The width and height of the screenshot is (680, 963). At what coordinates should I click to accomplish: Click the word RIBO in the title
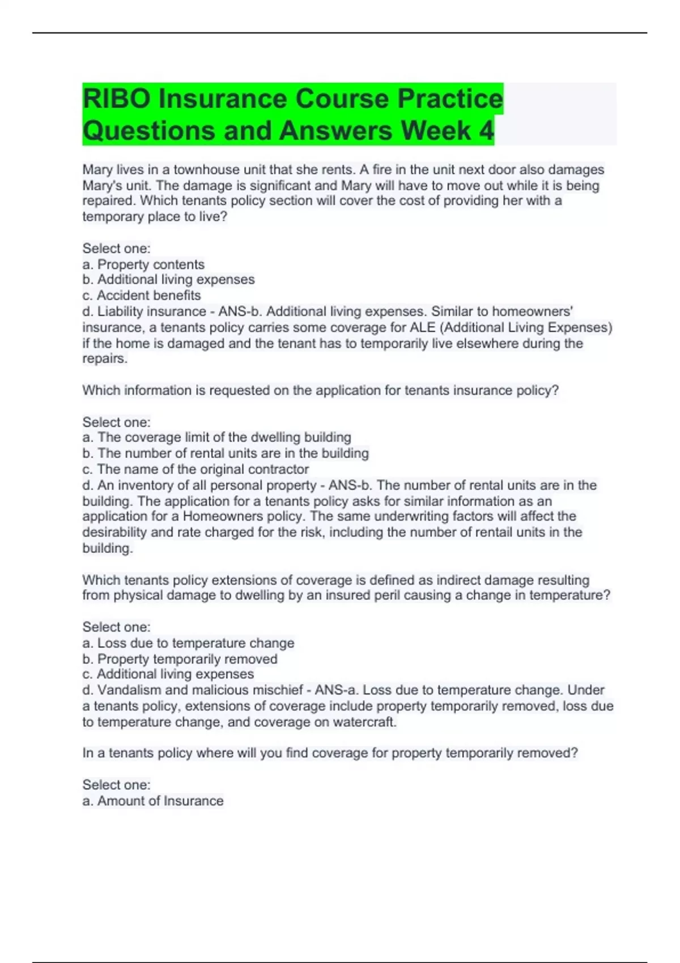(116, 99)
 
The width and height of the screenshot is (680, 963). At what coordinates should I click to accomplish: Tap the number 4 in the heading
(486, 131)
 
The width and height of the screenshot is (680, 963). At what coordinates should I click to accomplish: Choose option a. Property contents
(143, 265)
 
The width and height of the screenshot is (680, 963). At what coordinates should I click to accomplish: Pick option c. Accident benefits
(142, 296)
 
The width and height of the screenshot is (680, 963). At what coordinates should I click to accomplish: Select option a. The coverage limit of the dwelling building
(217, 437)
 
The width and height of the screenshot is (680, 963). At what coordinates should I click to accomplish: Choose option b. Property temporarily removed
(180, 659)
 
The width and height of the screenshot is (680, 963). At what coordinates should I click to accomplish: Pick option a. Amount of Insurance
(153, 801)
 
